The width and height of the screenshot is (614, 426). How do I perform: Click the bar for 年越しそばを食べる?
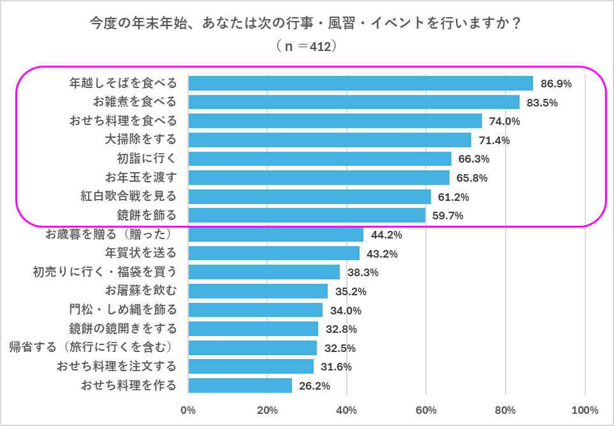tap(360, 84)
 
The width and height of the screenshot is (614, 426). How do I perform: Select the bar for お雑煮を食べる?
tap(354, 102)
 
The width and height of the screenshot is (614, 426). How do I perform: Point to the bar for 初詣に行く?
tap(319, 159)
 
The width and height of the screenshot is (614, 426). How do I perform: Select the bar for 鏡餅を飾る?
tap(307, 216)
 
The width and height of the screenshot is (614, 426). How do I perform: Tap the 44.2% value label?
tap(386, 235)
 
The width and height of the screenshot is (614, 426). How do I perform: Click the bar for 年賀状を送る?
tap(274, 253)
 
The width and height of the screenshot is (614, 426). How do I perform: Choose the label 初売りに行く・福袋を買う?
tap(105, 272)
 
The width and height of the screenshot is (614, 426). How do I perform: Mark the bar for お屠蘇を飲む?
tap(258, 291)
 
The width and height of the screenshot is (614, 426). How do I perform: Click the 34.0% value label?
tap(346, 311)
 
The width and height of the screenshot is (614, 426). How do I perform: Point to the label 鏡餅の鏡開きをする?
tap(123, 329)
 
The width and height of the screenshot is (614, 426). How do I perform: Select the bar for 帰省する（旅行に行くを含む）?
tap(252, 348)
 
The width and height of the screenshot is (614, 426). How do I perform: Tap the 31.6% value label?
tap(336, 367)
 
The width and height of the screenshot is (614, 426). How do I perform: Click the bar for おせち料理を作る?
tap(240, 385)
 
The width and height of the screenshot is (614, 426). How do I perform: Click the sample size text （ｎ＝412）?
tap(306, 47)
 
